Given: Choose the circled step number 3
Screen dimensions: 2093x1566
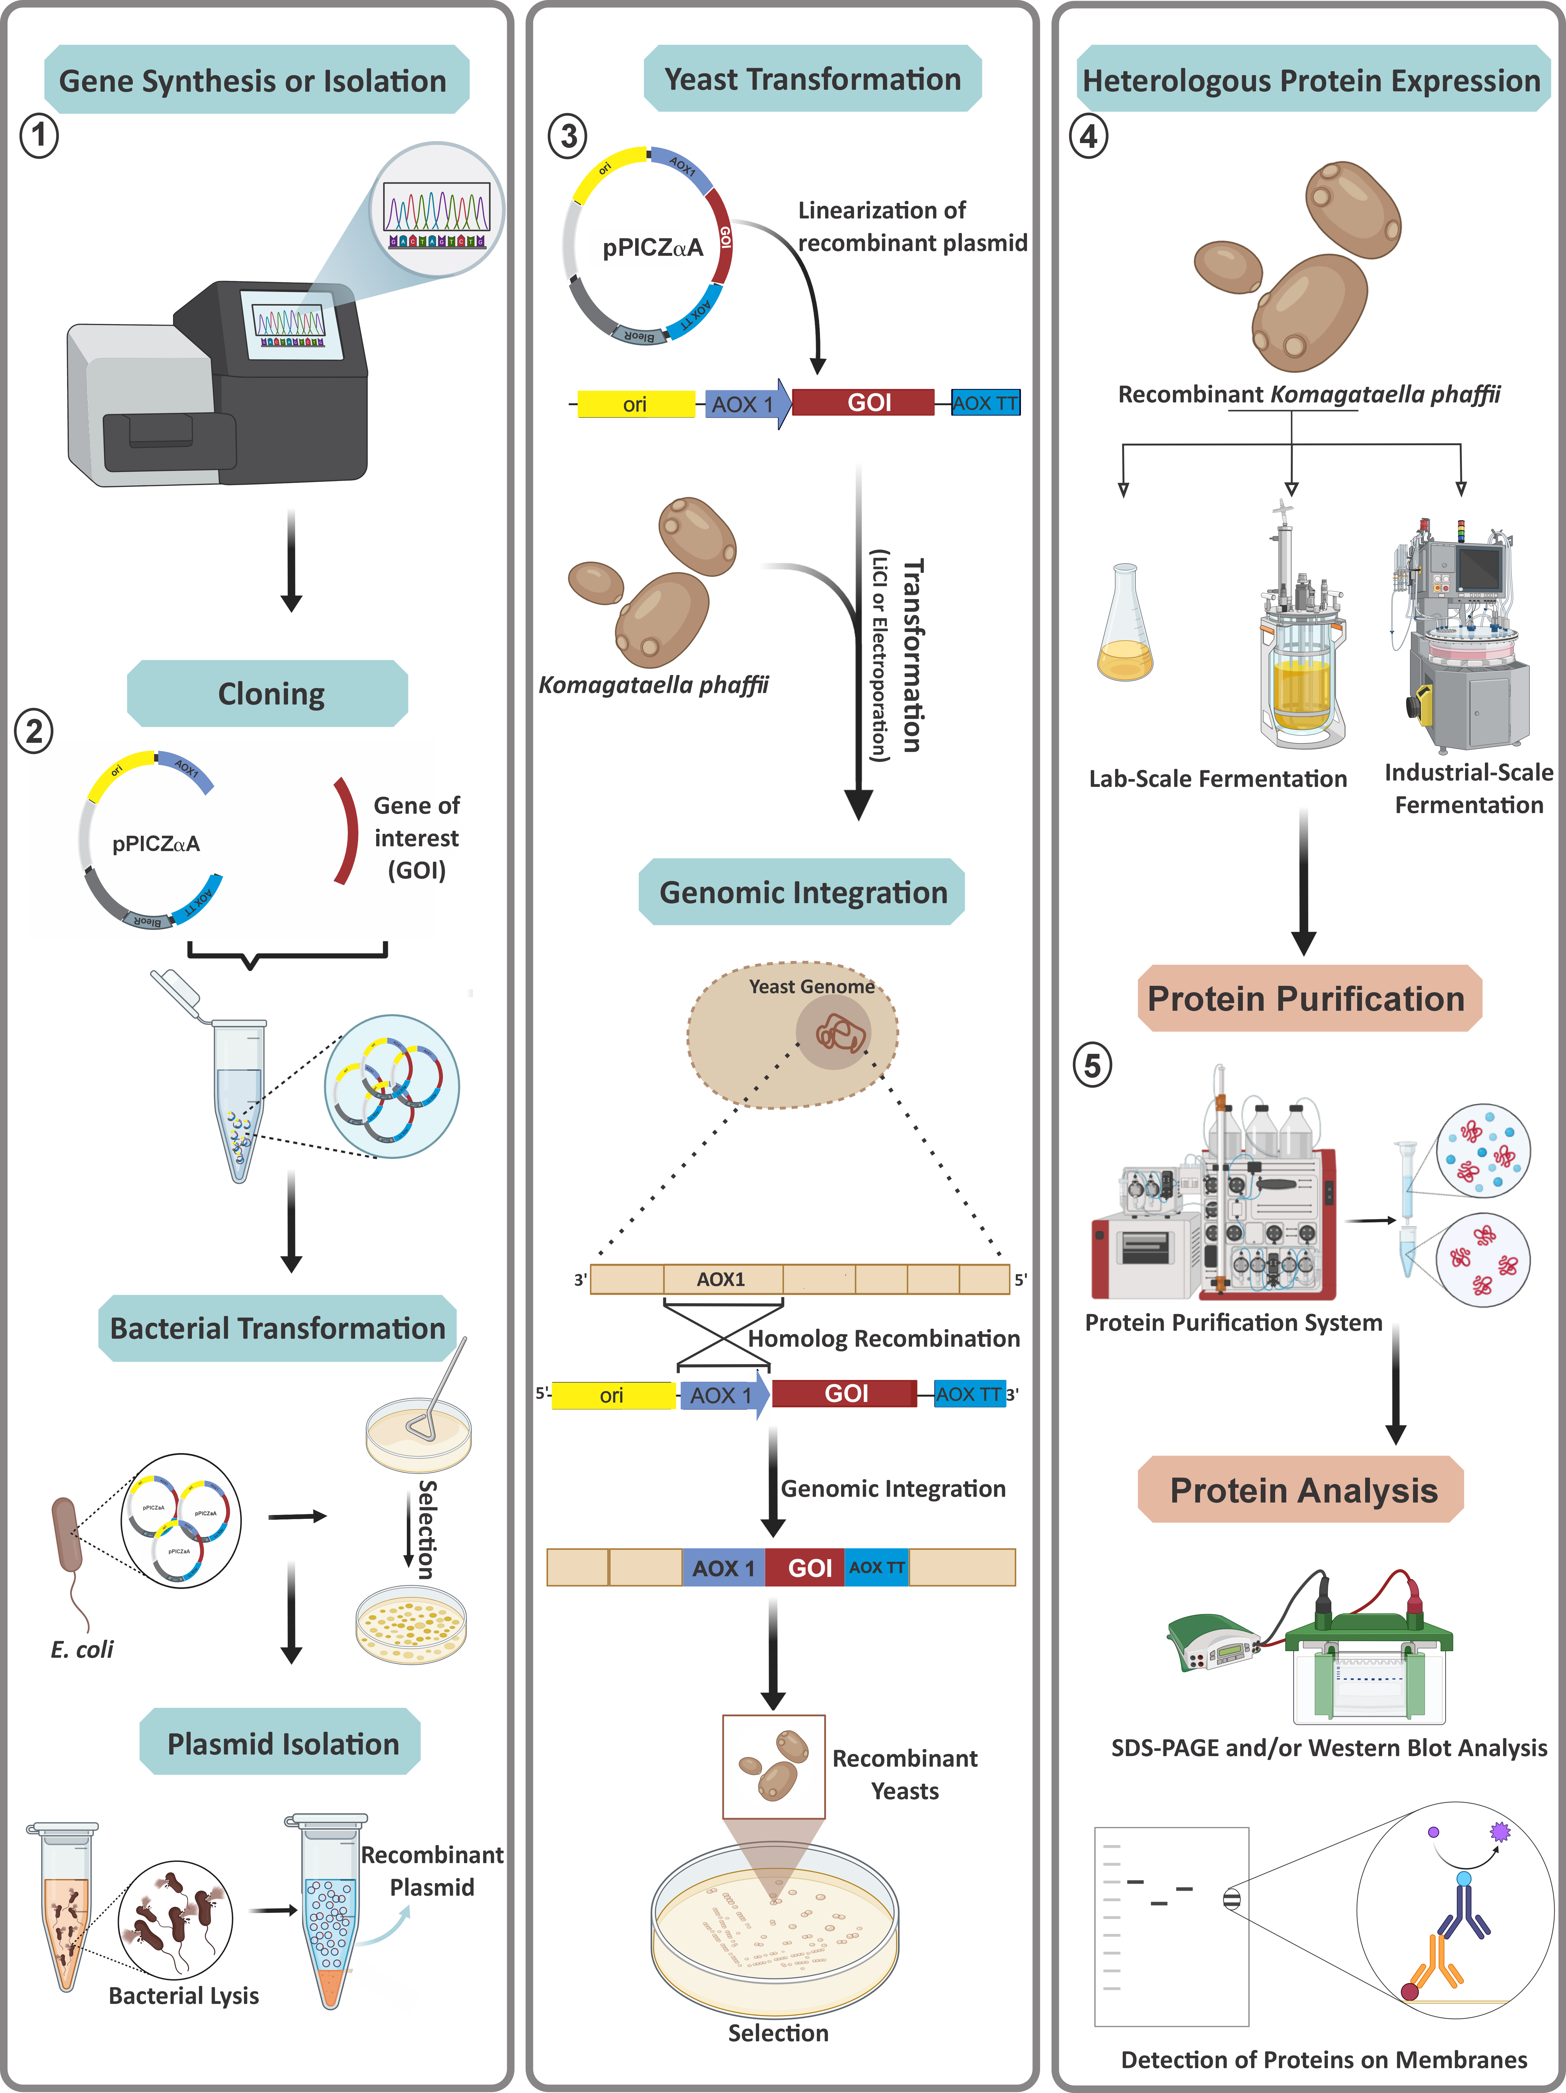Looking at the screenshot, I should click(x=568, y=136).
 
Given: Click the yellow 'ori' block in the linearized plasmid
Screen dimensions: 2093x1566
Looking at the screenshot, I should click(x=635, y=404).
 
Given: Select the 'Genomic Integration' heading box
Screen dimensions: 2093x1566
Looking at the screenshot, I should click(x=802, y=892).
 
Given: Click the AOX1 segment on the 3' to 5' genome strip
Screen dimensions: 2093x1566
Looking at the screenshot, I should click(x=722, y=1279).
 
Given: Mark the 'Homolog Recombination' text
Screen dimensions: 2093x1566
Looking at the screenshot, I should click(x=884, y=1338).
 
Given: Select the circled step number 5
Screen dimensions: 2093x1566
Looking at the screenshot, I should click(x=1092, y=1065).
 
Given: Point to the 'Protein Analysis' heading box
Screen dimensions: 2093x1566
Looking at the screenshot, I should click(x=1303, y=1490).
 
